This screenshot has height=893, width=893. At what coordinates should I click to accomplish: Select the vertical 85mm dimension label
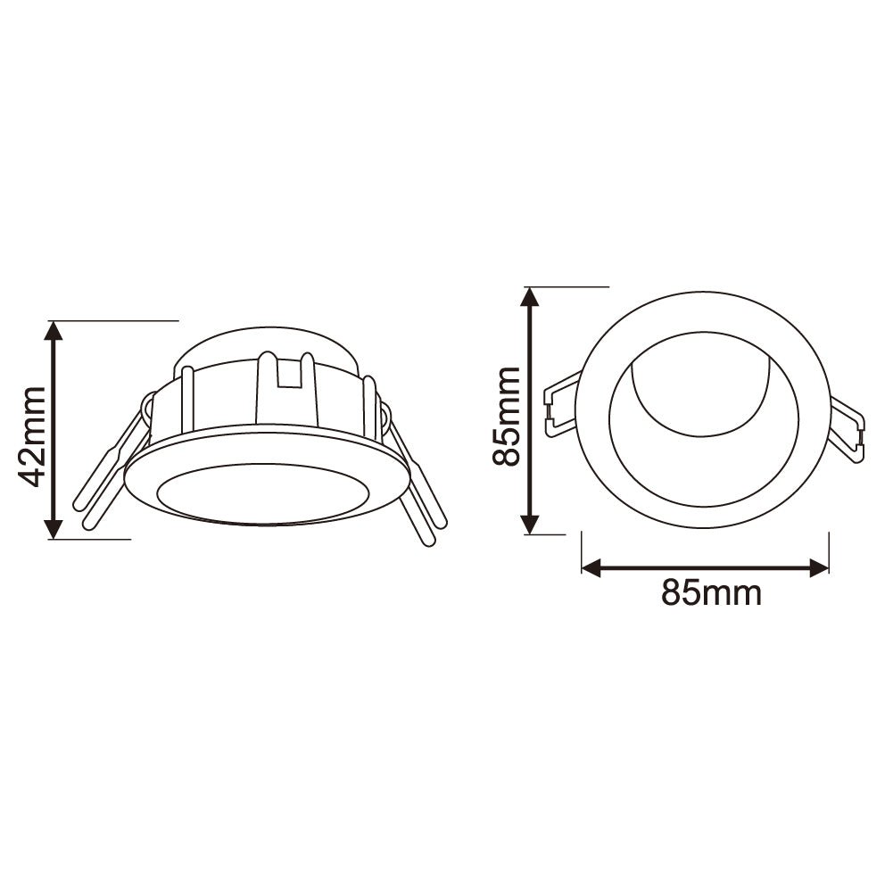[x=509, y=415]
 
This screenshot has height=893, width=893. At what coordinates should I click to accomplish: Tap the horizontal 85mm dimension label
[x=711, y=592]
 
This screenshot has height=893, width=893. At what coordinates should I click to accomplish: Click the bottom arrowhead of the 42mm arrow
[x=54, y=528]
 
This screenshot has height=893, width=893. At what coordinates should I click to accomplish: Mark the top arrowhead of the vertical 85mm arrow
[x=531, y=298]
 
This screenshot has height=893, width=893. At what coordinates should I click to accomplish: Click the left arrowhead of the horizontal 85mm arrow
[x=592, y=567]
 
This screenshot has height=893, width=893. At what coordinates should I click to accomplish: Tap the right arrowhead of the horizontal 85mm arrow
[x=818, y=567]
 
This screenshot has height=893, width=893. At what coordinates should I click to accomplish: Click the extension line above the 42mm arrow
[x=116, y=319]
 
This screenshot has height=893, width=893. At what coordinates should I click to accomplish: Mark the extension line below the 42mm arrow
[x=89, y=539]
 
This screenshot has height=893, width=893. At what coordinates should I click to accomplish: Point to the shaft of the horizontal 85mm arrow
[x=705, y=567]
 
